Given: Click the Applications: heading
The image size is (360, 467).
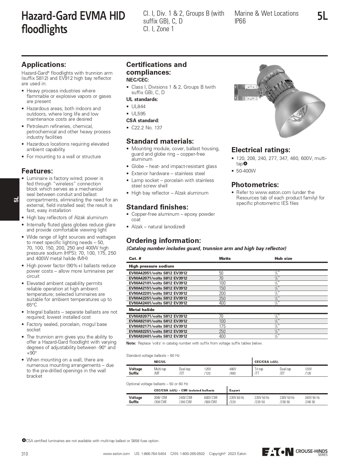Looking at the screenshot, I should [44, 65].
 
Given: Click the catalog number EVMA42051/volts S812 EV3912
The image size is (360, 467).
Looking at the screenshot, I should [158, 273].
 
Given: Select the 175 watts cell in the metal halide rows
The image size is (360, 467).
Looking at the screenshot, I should [222, 326].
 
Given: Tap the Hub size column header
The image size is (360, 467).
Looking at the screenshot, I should [283, 258].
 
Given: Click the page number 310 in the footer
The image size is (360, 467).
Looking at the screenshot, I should [25, 454].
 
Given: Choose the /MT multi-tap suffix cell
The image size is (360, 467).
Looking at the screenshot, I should [157, 373].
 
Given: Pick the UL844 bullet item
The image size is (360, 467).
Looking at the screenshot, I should [138, 106].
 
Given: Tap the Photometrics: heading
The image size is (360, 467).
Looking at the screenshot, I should [255, 185].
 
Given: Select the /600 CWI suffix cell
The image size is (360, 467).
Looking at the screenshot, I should [211, 402].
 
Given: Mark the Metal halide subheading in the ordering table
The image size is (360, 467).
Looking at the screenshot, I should [141, 310].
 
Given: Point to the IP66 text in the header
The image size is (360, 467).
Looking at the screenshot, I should [240, 21].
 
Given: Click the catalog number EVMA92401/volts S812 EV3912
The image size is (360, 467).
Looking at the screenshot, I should [158, 336].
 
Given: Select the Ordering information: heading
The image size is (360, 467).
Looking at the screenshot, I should [164, 240].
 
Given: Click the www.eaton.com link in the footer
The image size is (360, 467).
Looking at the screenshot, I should [116, 454].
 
